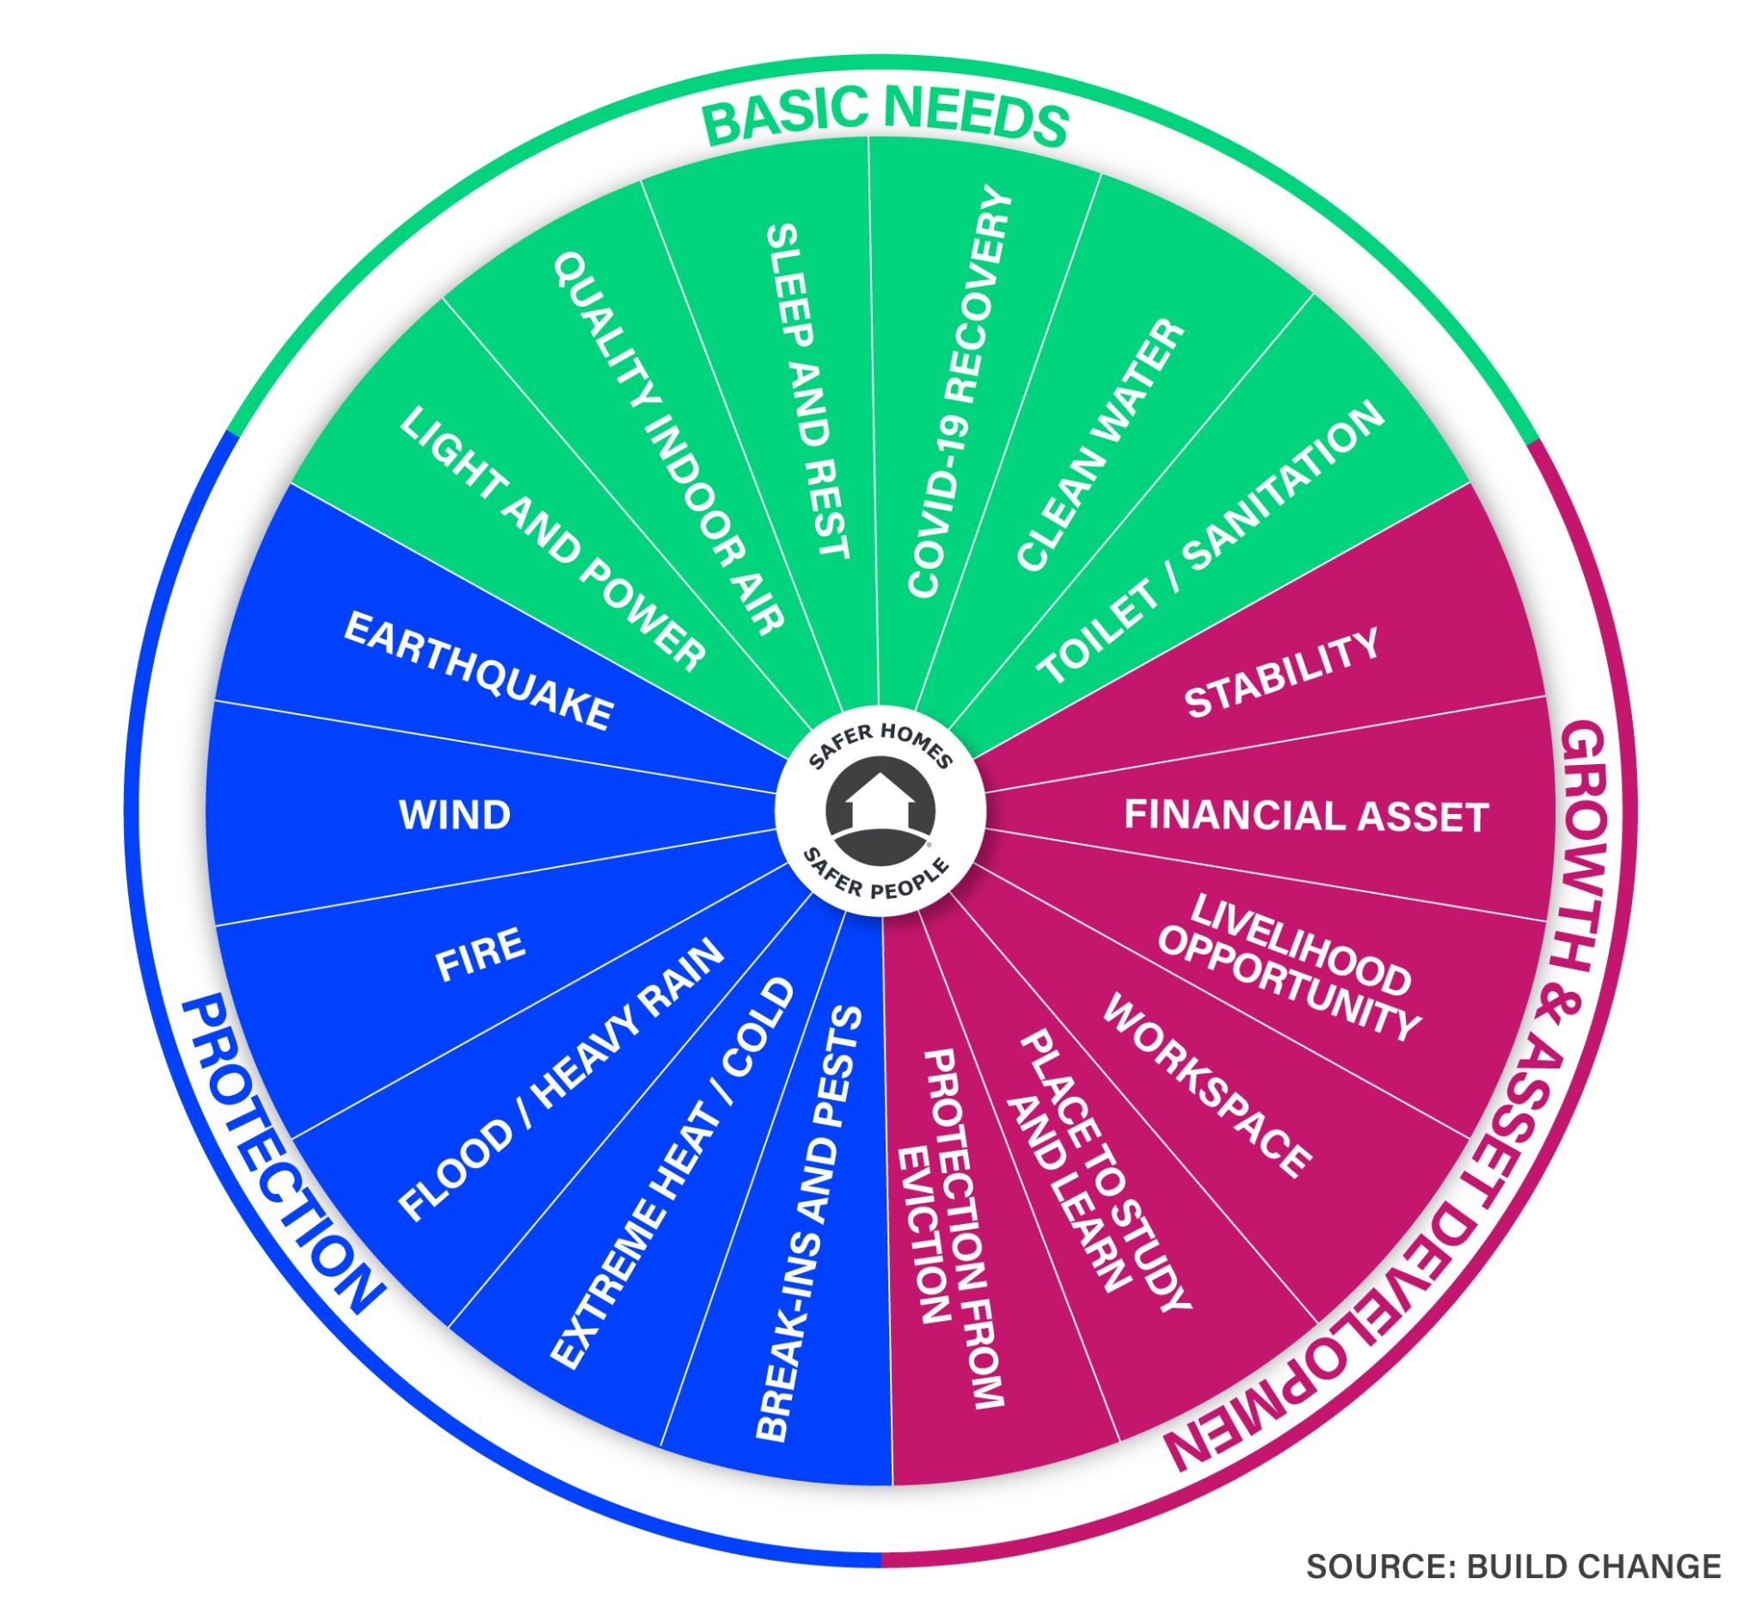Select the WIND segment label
(x=455, y=815)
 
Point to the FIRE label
(x=480, y=954)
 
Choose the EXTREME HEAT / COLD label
(x=672, y=1171)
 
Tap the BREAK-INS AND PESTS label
(x=808, y=1223)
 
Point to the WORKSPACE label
(x=1206, y=1084)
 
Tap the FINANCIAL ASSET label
(x=1305, y=816)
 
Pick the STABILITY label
(x=1281, y=674)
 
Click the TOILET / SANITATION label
(x=1211, y=546)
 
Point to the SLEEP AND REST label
(x=807, y=391)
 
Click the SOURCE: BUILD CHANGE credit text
(x=1512, y=1565)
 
